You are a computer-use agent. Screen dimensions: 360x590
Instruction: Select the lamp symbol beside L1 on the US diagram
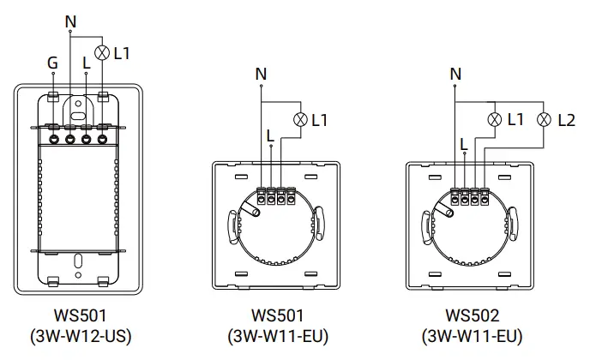click(103, 52)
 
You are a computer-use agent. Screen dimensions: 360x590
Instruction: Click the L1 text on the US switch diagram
click(122, 53)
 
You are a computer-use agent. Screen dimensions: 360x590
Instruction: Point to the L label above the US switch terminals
click(86, 62)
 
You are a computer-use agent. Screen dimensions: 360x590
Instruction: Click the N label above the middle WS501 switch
click(261, 75)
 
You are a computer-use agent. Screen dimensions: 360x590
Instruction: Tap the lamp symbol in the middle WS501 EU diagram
click(299, 120)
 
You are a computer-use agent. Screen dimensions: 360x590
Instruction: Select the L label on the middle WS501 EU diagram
click(271, 135)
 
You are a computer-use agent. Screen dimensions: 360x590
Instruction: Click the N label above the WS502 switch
click(455, 75)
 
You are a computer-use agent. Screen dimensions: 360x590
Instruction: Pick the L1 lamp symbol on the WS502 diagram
click(493, 120)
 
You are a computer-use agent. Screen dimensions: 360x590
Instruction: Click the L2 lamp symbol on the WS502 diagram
click(542, 120)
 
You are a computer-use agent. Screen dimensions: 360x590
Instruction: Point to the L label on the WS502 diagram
click(464, 143)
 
